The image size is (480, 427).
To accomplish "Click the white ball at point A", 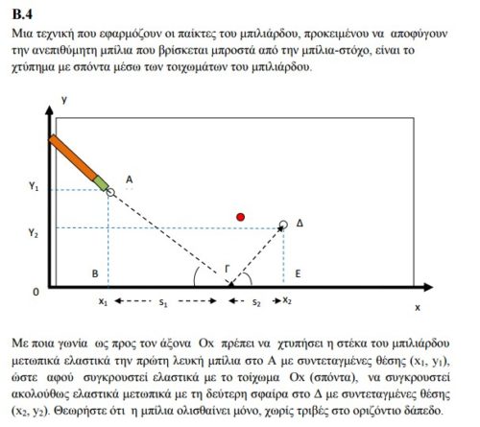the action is point(110,192).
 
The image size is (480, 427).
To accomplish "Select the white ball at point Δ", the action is point(283,225).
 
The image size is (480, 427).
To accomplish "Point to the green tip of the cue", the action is point(100,180).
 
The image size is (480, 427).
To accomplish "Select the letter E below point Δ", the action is point(299,273).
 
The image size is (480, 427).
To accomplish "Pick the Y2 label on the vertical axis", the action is point(33,232).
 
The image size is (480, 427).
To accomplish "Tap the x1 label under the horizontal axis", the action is point(103,301).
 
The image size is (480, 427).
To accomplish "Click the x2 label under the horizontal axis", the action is point(287,300).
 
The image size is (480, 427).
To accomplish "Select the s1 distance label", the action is point(163,303).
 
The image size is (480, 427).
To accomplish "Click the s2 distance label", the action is point(255,302).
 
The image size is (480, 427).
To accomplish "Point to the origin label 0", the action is point(36,289).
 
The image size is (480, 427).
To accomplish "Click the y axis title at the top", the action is point(62,100).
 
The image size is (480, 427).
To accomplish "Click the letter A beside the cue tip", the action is point(128,178).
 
